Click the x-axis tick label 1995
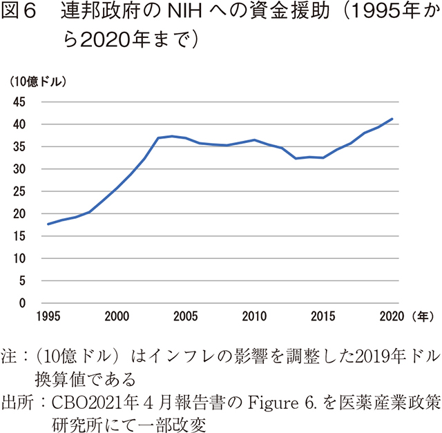[48, 317]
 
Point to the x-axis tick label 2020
[390, 317]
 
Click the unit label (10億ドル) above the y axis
[38, 81]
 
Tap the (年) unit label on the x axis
[421, 317]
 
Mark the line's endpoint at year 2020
[392, 119]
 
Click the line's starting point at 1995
[48, 224]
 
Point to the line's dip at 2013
[296, 158]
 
